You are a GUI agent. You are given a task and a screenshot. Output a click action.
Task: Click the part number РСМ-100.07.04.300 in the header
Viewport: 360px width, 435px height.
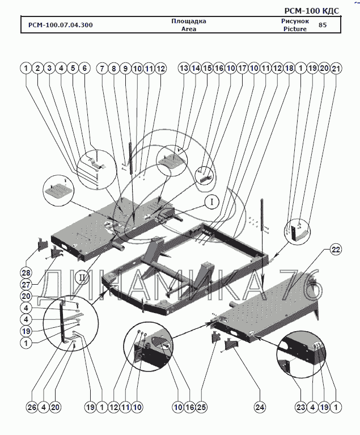pos(57,25)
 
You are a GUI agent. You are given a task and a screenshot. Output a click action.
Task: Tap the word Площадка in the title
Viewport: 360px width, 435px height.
pos(188,21)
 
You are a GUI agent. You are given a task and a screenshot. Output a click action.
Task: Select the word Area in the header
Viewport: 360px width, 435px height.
pos(188,29)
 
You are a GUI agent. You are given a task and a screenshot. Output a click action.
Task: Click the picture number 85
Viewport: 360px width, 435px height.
pos(323,25)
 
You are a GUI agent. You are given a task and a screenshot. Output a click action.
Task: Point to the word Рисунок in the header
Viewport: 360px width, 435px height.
pos(295,21)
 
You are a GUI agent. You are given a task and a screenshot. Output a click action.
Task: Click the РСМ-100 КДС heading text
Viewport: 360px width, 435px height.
pos(312,11)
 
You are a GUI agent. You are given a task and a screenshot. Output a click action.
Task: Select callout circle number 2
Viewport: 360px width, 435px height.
pos(37,68)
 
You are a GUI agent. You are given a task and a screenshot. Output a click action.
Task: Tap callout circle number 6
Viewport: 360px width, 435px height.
pos(84,68)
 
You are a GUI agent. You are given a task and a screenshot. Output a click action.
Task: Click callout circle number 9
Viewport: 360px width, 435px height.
pos(125,68)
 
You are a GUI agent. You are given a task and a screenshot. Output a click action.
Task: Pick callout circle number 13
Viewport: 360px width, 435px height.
pos(183,68)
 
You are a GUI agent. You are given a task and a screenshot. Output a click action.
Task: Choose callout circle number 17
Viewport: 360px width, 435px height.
pos(242,68)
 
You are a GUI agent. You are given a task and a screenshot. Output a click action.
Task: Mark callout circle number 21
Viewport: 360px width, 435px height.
pos(336,68)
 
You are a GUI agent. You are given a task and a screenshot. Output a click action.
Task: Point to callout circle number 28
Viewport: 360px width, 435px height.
pos(26,270)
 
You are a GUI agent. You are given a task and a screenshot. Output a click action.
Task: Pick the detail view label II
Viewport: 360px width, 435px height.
pos(83,277)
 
